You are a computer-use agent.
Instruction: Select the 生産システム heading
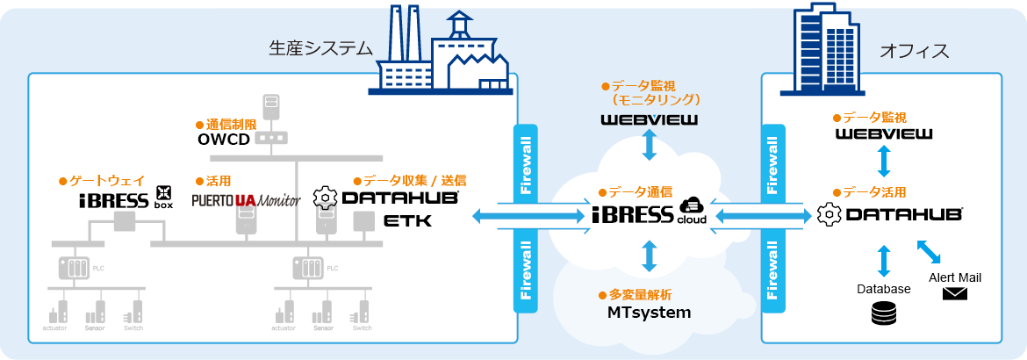(320, 49)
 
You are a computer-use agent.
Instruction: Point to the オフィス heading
(914, 51)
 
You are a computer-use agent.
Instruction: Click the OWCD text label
(224, 140)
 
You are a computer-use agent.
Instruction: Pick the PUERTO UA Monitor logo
(246, 200)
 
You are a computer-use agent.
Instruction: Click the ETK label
(408, 221)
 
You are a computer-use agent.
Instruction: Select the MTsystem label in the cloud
(650, 312)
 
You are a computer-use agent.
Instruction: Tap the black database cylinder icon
(883, 313)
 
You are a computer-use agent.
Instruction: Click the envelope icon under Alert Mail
(954, 294)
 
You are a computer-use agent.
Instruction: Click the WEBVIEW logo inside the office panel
(884, 134)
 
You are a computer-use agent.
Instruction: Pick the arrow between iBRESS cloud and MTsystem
(650, 256)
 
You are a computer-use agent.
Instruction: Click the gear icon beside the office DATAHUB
(828, 213)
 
